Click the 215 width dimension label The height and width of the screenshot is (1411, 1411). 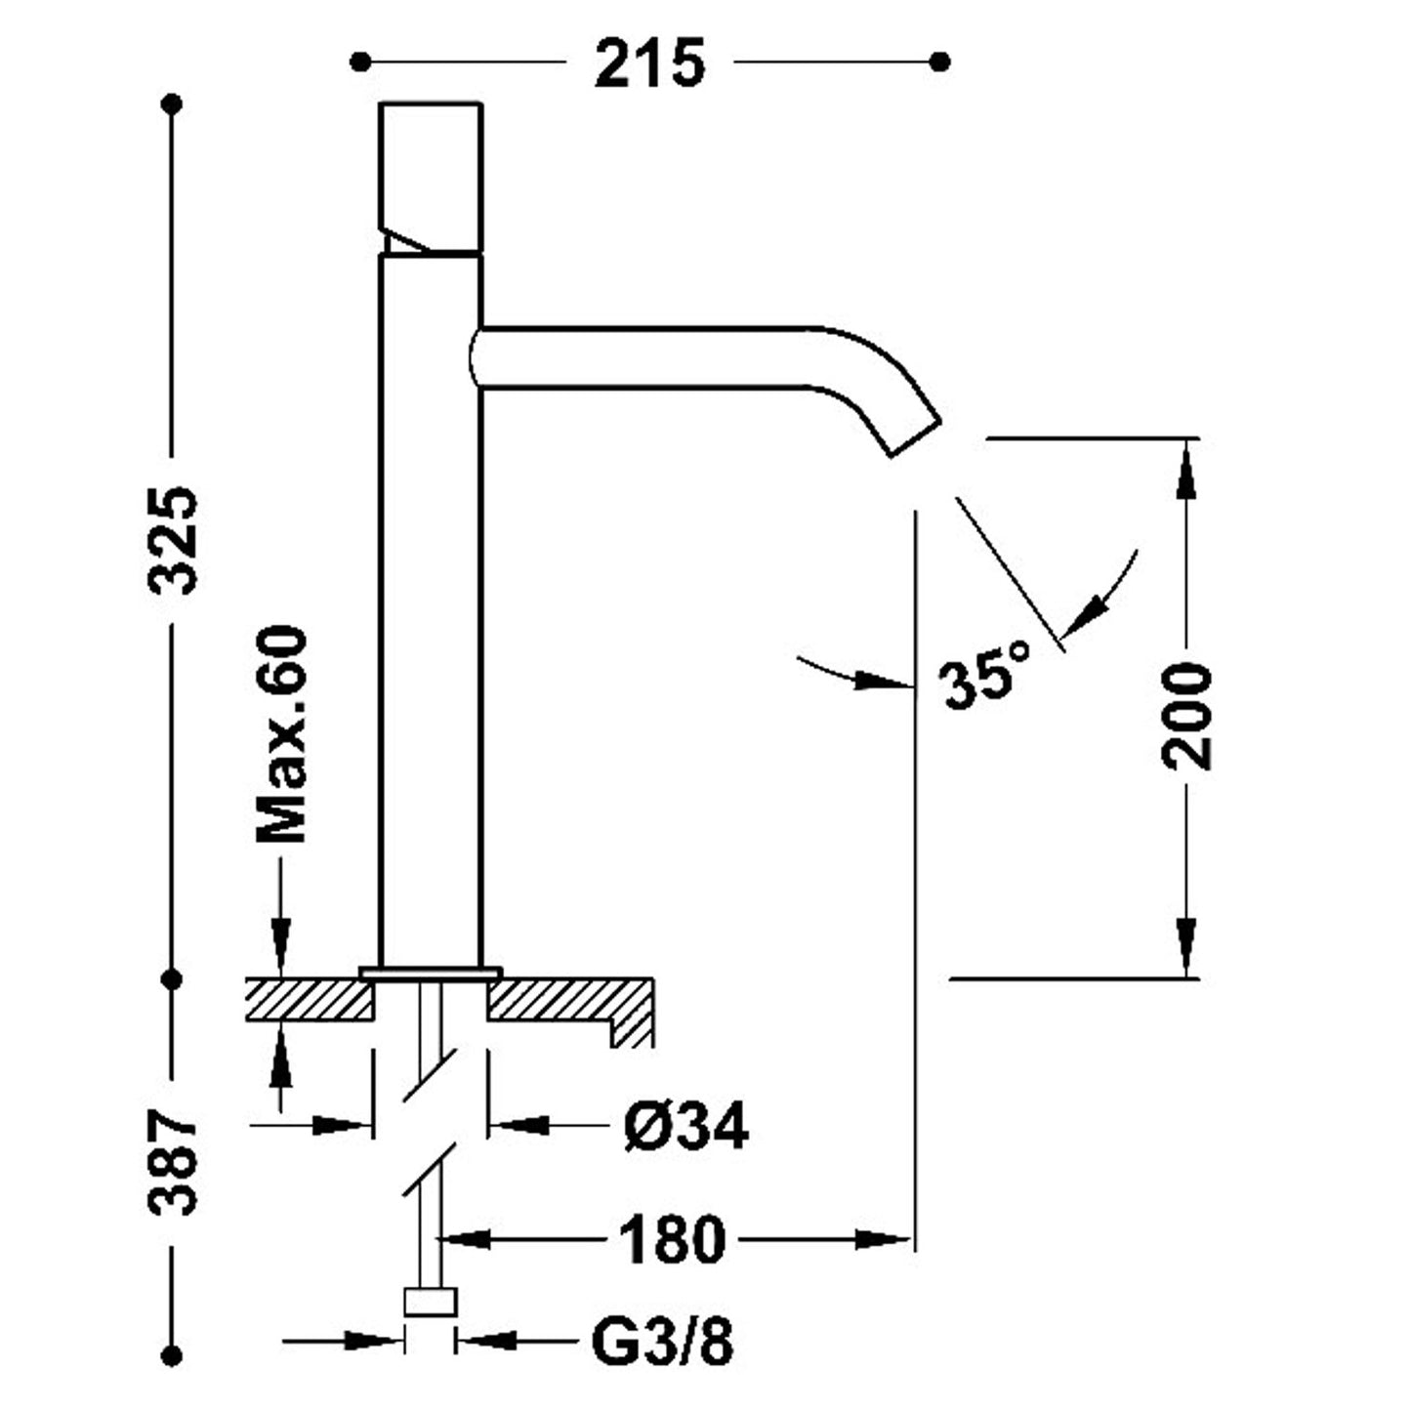(x=649, y=64)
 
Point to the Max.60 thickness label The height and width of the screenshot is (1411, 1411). (x=281, y=734)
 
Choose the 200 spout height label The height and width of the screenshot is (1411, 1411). (x=1186, y=716)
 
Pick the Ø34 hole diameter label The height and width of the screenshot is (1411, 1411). (x=685, y=1127)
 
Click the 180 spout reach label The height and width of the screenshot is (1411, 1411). (x=673, y=1240)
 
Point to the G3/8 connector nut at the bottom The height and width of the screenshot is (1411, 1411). (x=430, y=1303)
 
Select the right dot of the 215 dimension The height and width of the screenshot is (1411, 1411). (x=940, y=62)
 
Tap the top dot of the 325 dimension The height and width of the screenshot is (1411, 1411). (x=174, y=104)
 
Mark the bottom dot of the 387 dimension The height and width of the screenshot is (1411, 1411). (x=174, y=1356)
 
